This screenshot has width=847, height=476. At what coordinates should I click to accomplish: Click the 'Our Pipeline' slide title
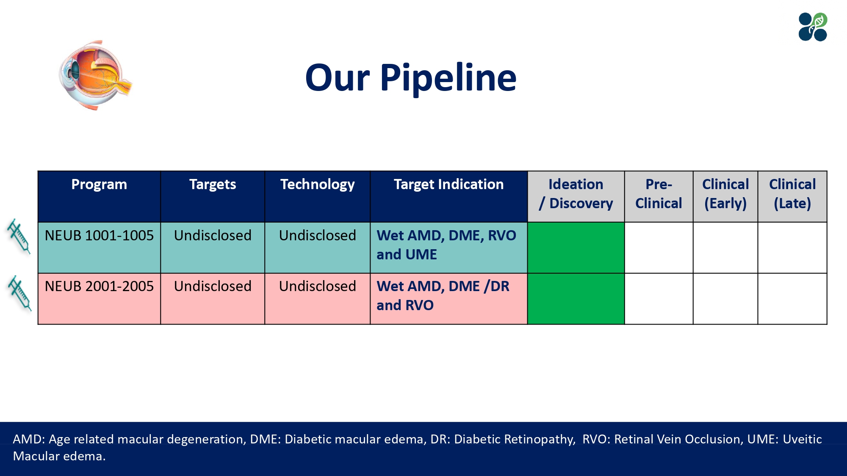coord(410,78)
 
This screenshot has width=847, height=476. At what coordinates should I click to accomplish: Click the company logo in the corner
coord(813,27)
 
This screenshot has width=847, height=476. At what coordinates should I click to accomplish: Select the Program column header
coord(99,185)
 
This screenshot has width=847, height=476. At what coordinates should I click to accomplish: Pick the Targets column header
coord(213,185)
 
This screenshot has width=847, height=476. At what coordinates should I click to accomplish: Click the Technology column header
coord(317,185)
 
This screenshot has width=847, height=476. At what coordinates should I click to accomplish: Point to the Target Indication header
coord(448,185)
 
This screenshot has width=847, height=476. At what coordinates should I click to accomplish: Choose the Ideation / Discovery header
coord(576,194)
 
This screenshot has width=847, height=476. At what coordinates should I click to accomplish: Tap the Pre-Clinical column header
coord(659,194)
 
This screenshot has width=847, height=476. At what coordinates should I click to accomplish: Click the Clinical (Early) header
coord(725,194)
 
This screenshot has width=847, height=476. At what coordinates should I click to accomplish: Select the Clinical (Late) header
coord(792,194)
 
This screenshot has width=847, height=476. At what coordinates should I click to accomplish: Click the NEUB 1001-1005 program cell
coord(99,236)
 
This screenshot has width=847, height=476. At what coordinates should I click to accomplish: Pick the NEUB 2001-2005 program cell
coord(99,286)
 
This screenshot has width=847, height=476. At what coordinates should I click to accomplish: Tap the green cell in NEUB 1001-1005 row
coord(576,248)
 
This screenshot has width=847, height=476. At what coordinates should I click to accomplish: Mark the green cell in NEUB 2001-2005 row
coord(576,299)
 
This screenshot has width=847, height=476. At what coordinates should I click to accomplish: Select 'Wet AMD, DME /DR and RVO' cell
coord(443,296)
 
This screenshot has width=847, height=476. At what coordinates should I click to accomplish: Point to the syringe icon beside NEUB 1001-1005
coord(19,236)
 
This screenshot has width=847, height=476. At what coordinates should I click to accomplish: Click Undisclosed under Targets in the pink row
coord(213,286)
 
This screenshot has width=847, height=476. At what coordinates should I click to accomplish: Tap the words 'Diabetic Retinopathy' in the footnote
coord(515,439)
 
